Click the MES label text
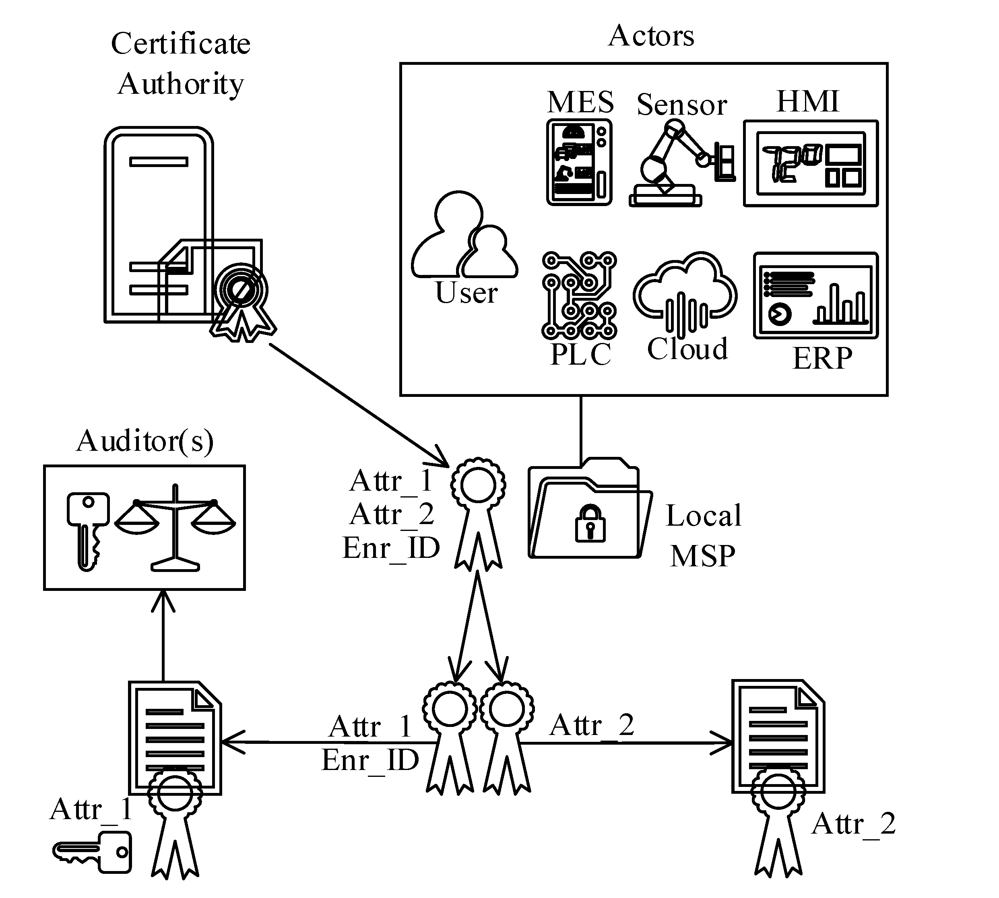pos(580,102)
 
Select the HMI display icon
pos(811,163)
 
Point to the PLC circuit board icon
pos(579,295)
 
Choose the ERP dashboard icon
pos(815,295)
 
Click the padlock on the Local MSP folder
pos(590,523)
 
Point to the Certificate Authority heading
pos(181,63)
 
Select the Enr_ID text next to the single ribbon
pos(391,548)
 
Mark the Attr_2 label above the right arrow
pos(592,725)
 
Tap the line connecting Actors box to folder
pos(581,429)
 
